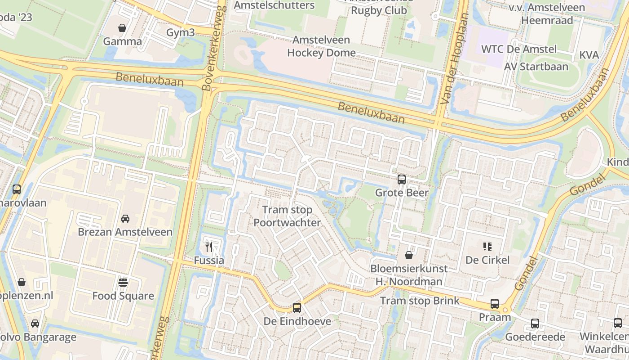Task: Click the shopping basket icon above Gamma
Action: pos(122,28)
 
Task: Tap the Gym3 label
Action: pos(181,32)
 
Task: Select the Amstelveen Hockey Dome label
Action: pos(321,46)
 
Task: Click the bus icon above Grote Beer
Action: pos(402,180)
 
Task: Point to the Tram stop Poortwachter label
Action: pos(287,216)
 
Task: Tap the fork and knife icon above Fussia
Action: pos(209,247)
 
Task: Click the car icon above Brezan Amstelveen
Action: pos(125,219)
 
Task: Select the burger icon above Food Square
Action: pos(123,283)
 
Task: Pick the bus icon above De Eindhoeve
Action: pos(297,308)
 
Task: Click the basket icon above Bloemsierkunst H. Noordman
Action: pos(409,255)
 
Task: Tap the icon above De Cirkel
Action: pos(487,246)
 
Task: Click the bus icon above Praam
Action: pos(495,304)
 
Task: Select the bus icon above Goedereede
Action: pos(535,323)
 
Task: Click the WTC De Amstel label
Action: pos(519,49)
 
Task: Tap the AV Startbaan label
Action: pos(536,67)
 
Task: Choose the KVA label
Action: pos(589,55)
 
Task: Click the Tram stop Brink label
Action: pos(420,301)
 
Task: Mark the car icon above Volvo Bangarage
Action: pos(35,324)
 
